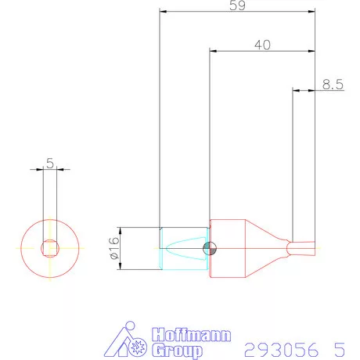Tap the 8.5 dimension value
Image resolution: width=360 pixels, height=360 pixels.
(333, 85)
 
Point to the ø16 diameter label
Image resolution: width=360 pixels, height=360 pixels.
(113, 248)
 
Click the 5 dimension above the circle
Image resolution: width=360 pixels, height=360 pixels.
(49, 163)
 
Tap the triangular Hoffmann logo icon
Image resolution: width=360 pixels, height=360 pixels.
(129, 340)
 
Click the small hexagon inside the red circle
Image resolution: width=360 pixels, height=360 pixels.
(49, 248)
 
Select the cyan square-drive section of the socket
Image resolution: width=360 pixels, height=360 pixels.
(184, 248)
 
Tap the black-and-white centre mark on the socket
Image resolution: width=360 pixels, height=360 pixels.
(209, 249)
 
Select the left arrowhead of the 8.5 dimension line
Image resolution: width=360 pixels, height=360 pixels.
(296, 91)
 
